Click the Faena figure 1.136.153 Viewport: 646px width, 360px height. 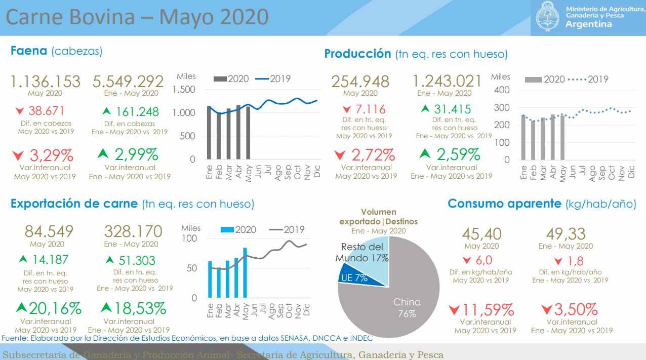point(46,82)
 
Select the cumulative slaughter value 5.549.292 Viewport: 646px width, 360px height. point(128,82)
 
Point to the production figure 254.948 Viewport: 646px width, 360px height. point(360,82)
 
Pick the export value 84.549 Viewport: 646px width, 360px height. point(49,231)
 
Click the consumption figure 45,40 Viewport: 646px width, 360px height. point(481,234)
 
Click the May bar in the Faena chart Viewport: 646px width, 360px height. point(248,133)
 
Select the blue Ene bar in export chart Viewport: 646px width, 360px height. point(210,279)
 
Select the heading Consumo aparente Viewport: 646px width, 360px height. point(504,204)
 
